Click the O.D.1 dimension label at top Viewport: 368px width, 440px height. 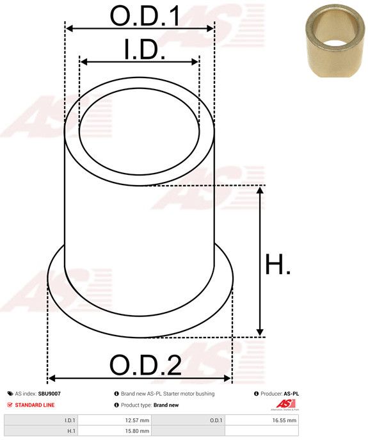click(x=145, y=17)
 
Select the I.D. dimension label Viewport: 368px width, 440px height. click(x=145, y=50)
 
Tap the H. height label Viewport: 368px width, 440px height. click(x=278, y=265)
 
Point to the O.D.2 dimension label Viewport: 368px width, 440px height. click(x=145, y=366)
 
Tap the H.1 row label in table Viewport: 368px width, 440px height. click(x=71, y=431)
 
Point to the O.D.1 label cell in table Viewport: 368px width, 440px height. click(x=216, y=420)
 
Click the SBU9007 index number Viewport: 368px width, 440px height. click(x=49, y=394)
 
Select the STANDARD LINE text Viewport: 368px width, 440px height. click(x=34, y=405)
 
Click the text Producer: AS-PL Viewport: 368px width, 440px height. click(x=280, y=394)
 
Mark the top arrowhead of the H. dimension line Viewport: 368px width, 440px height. click(x=260, y=191)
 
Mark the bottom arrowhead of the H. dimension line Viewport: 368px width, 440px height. click(x=260, y=331)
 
